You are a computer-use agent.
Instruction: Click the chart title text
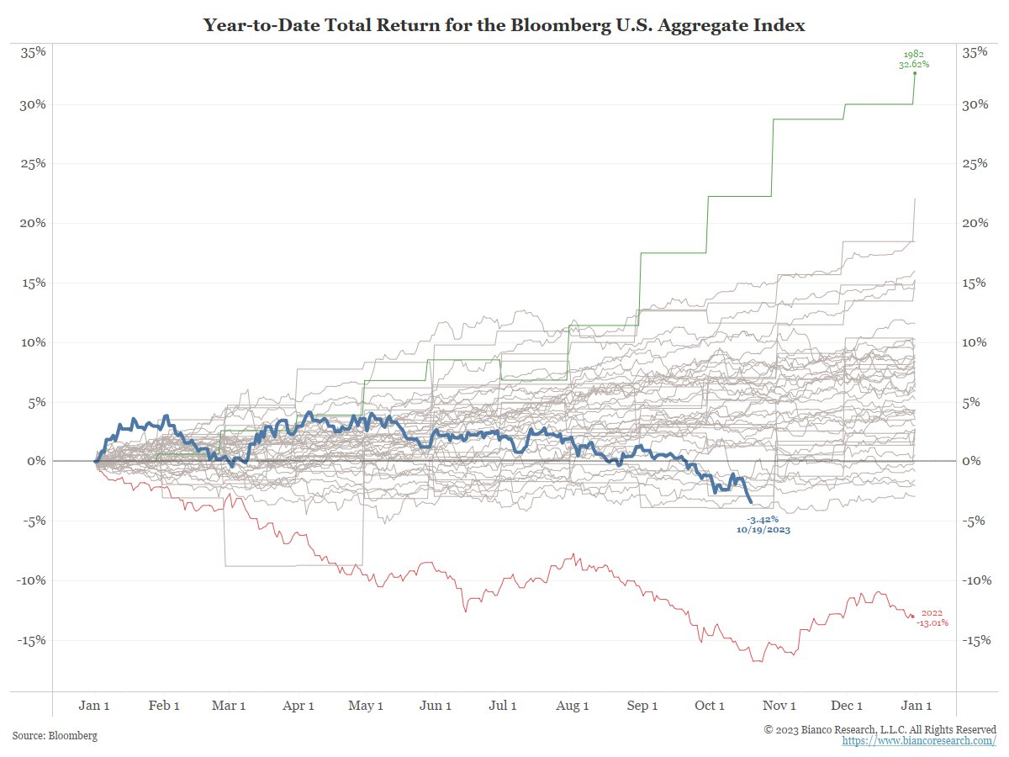click(504, 26)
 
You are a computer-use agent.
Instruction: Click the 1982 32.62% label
click(914, 58)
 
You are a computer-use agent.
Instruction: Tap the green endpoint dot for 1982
click(915, 74)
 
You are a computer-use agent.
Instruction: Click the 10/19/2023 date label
click(763, 531)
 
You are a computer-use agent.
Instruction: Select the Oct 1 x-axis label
click(710, 706)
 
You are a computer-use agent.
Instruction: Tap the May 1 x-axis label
click(367, 706)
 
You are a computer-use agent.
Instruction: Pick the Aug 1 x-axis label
click(573, 706)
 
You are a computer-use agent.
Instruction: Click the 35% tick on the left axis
click(34, 52)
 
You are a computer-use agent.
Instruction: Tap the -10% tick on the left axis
click(32, 580)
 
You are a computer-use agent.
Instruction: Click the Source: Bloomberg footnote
click(55, 736)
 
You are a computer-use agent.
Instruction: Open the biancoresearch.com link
click(919, 742)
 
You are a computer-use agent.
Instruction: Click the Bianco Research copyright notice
click(880, 730)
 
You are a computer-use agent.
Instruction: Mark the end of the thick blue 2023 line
click(751, 501)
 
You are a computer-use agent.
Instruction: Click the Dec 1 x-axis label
click(847, 706)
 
